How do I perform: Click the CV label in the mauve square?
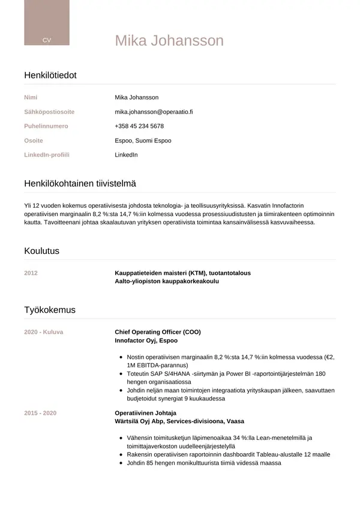coord(47,40)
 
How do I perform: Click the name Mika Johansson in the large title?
coord(169,40)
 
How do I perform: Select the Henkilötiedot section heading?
coord(50,75)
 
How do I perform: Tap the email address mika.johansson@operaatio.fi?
coord(154,112)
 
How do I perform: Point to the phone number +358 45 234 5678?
coord(139,126)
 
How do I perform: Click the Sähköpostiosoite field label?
coord(49,112)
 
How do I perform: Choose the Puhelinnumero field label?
coord(46,126)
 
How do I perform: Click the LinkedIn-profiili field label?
coord(47,155)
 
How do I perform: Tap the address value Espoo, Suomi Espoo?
coord(143,140)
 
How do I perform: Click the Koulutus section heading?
coord(41,251)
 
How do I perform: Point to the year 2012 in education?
coord(31,273)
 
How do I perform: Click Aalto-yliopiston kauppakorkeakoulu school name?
coord(167,281)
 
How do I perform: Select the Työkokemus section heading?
coord(50,310)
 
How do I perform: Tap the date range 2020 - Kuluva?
coord(43,332)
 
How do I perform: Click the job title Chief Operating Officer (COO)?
coord(158,332)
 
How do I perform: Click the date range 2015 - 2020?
coord(40,413)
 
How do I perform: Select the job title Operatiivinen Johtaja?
coord(145,413)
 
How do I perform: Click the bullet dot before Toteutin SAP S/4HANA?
coord(121,373)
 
